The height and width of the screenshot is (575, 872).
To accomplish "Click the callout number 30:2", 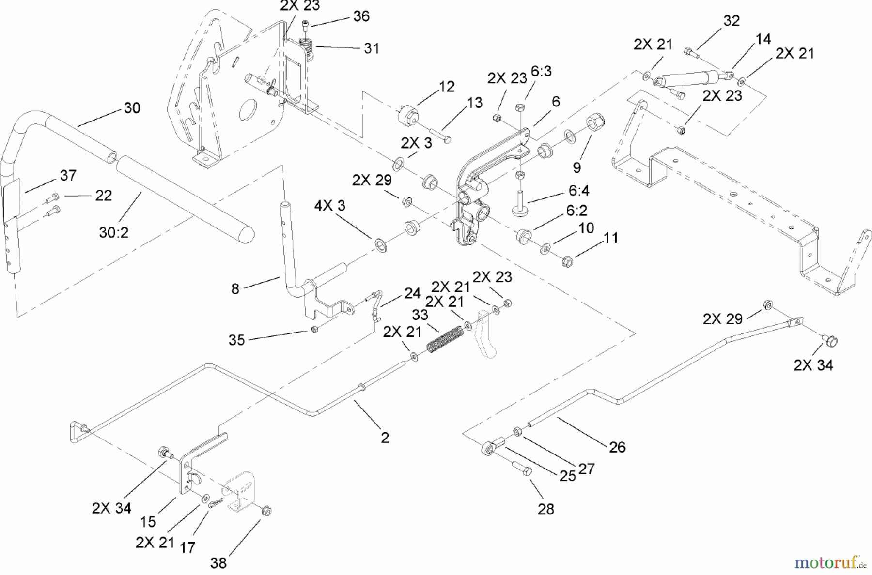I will coord(114,233).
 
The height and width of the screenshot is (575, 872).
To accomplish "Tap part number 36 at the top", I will coord(361,16).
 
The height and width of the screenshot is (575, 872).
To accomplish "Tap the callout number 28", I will coord(546,509).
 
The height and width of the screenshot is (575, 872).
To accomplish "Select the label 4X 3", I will coord(329,206).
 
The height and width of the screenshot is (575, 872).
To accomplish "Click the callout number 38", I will coord(218,563).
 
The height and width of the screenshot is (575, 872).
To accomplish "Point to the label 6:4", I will coord(578,191).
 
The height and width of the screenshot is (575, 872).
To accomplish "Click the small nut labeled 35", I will coord(314,330).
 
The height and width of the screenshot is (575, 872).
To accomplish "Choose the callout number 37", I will coord(68,175).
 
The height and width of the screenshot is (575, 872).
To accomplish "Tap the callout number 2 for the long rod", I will coord(385,438).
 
